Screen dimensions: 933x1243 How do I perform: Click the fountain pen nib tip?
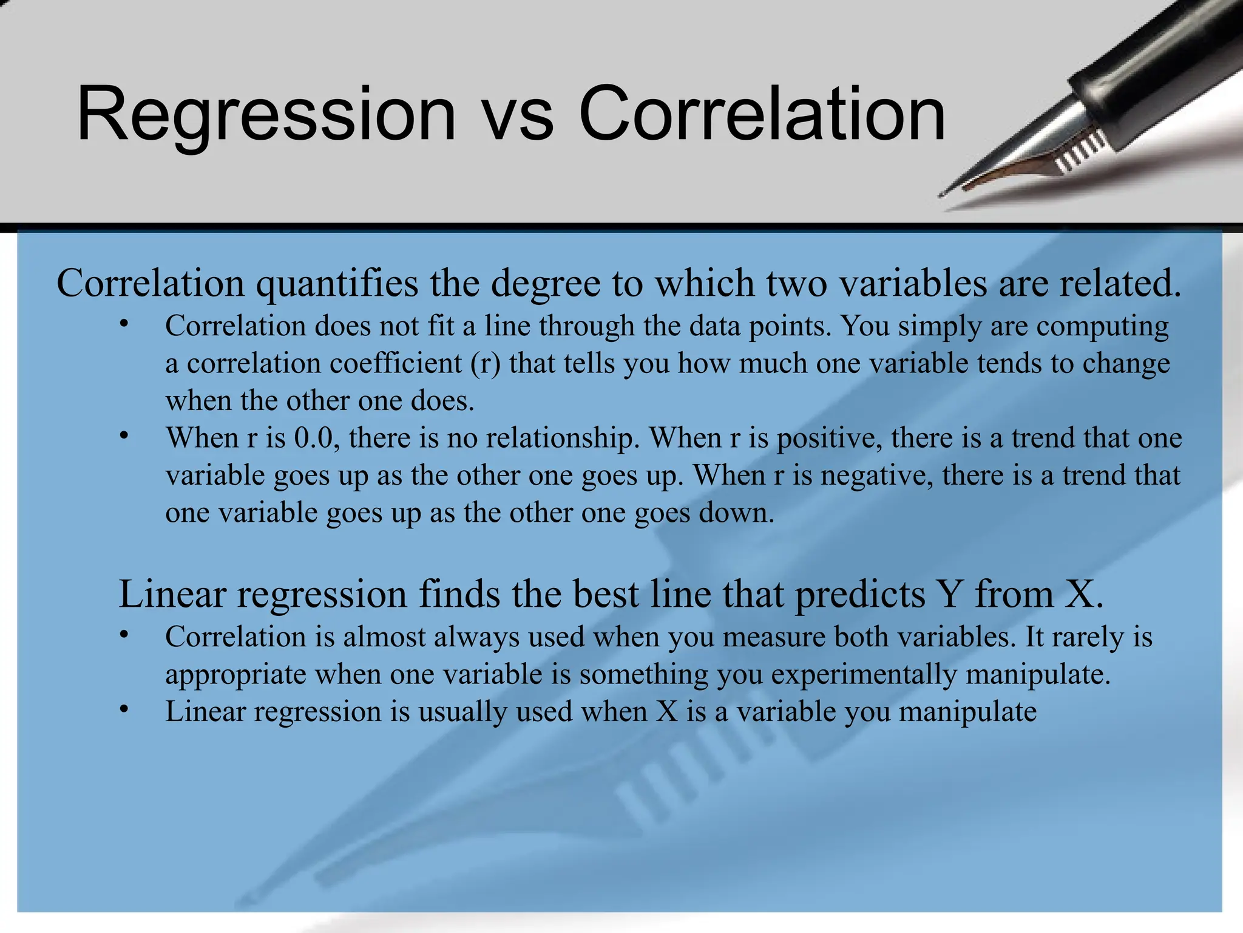point(943,195)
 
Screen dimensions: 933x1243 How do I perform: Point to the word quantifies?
point(337,284)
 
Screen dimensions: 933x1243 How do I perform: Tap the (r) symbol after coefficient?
point(485,364)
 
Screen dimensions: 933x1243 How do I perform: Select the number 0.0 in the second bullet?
point(314,439)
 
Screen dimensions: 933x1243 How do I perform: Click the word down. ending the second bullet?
point(737,513)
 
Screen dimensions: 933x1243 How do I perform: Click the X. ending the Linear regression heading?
point(1084,594)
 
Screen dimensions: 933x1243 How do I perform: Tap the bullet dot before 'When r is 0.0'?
point(124,436)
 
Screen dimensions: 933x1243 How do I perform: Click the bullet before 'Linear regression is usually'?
point(124,709)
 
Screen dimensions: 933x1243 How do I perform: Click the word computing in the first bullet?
point(1102,327)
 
